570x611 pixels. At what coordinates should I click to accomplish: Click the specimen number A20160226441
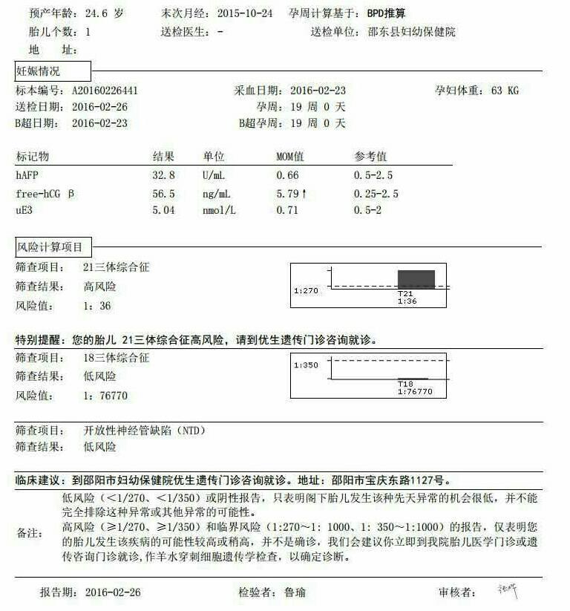[x=105, y=91]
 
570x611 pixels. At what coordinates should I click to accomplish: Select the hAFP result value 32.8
[x=163, y=175]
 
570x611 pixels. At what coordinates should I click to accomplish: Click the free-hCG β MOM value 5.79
[x=287, y=193]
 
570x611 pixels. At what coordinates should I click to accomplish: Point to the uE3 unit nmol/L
[x=220, y=210]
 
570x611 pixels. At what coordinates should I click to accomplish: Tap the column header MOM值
[x=290, y=157]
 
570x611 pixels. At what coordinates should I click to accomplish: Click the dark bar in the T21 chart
[x=416, y=279]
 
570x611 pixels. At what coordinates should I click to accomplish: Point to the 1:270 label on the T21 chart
[x=306, y=290]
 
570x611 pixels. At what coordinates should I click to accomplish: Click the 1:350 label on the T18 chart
[x=306, y=365]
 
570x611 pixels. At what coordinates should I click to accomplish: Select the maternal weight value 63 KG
[x=505, y=91]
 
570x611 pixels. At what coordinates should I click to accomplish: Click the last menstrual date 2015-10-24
[x=247, y=14]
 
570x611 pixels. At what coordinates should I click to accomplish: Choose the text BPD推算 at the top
[x=386, y=14]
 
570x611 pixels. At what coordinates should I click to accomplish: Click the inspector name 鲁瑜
[x=295, y=592]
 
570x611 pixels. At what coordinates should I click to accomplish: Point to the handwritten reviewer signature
[x=509, y=591]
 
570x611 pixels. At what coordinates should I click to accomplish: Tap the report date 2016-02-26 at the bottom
[x=112, y=592]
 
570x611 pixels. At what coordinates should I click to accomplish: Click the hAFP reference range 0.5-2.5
[x=373, y=175]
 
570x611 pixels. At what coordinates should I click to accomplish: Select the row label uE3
[x=24, y=210]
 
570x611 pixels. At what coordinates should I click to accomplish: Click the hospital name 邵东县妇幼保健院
[x=412, y=32]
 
